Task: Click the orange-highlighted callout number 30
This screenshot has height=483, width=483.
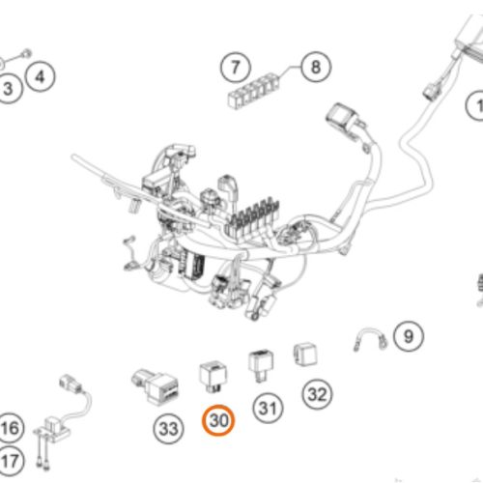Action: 218,420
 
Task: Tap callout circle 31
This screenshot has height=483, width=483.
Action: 268,409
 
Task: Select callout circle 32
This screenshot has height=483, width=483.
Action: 318,394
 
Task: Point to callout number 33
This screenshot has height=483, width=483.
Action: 168,429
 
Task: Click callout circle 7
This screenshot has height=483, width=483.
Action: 236,69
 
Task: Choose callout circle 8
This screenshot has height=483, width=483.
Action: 316,68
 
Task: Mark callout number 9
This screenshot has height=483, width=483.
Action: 409,336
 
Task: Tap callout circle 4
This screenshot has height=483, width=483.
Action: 41,77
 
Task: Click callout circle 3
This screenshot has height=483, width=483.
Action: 8,89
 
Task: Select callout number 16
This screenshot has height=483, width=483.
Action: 10,428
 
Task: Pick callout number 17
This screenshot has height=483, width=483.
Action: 10,461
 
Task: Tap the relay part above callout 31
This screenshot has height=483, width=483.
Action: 261,365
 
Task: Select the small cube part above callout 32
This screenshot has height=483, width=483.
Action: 305,355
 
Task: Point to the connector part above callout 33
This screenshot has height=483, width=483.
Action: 156,385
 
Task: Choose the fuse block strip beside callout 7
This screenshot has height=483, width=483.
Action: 254,91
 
